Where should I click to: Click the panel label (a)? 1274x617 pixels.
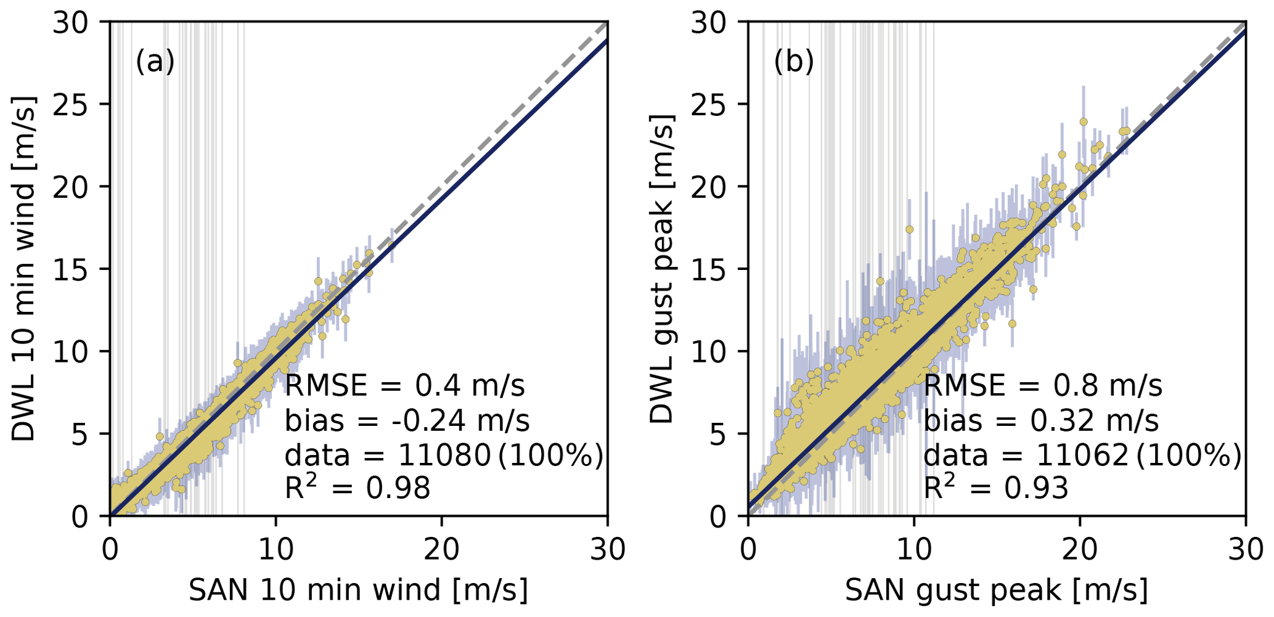tap(155, 62)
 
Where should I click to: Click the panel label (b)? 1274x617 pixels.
tap(793, 62)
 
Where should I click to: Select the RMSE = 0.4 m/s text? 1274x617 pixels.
tap(405, 386)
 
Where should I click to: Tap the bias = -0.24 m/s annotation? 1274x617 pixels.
tap(407, 421)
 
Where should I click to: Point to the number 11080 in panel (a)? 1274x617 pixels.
tap(444, 456)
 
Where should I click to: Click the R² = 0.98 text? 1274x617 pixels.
tap(357, 488)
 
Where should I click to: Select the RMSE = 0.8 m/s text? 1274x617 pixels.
tap(1043, 386)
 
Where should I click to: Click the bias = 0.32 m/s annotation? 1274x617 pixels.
tap(1041, 421)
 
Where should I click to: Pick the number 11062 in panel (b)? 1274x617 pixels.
tap(1082, 456)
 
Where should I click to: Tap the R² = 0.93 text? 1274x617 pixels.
tap(995, 488)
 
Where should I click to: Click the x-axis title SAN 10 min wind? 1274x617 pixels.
tap(358, 590)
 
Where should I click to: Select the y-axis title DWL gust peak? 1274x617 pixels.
tap(663, 269)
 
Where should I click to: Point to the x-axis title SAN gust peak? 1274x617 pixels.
tap(996, 590)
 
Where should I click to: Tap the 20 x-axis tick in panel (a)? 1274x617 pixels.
tap(441, 549)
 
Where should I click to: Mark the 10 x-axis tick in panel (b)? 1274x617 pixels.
tap(913, 549)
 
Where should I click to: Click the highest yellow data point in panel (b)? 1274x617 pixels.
tap(1083, 122)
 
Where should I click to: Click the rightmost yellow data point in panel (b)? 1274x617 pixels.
tap(1127, 131)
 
